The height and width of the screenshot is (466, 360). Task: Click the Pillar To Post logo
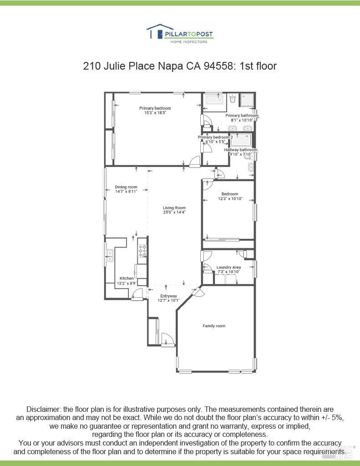tap(180, 34)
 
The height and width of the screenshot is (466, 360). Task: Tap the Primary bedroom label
tap(155, 108)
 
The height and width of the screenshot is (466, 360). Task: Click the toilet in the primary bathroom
tap(233, 99)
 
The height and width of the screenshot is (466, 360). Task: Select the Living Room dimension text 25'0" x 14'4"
tap(174, 213)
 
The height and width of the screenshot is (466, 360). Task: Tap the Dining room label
tap(126, 187)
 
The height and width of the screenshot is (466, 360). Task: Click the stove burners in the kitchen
tap(142, 251)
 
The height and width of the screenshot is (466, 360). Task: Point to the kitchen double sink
tap(110, 255)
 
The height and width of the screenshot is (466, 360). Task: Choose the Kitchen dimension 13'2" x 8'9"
tap(127, 284)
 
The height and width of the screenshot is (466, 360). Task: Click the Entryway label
tap(168, 296)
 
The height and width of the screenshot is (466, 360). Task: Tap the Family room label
tap(214, 326)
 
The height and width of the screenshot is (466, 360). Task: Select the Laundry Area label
tap(228, 267)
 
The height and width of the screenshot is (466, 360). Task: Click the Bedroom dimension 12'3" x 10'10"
tap(230, 199)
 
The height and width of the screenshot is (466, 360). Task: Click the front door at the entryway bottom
tap(167, 340)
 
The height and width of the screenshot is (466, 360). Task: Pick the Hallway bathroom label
tap(241, 150)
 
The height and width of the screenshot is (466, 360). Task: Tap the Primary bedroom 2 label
tap(215, 137)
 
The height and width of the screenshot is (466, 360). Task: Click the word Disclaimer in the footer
tap(43, 410)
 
